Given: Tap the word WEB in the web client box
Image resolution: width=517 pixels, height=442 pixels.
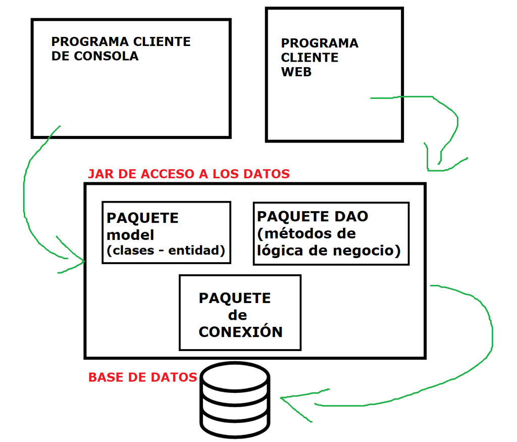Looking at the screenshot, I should tap(296, 72).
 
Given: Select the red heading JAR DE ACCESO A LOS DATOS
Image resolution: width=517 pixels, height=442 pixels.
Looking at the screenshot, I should tap(189, 174).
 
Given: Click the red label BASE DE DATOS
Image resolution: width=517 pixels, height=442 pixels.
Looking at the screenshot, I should tap(142, 377).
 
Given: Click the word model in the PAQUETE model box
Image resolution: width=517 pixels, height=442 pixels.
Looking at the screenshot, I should tap(130, 235).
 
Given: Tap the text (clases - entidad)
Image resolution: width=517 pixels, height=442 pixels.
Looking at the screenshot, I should tap(166, 250).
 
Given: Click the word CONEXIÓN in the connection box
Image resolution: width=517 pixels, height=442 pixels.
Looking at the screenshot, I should tap(240, 332).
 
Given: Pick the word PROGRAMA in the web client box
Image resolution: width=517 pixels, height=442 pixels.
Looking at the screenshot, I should tap(320, 43).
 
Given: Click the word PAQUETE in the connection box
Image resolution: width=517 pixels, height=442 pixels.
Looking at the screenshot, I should tap(235, 298).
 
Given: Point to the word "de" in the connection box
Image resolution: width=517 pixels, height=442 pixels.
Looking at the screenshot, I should tap(238, 315).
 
